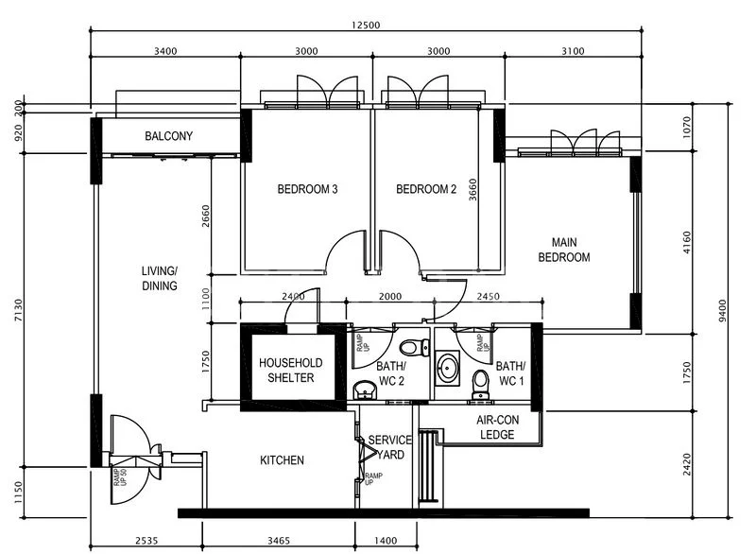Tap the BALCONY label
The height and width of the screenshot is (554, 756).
click(169, 137)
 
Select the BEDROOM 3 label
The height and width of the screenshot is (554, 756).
click(307, 190)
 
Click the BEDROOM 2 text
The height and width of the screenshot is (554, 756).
click(426, 190)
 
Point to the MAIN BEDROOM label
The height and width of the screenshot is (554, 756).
click(564, 250)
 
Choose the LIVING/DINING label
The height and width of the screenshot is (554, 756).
click(160, 279)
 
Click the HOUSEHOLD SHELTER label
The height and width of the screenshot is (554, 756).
click(291, 371)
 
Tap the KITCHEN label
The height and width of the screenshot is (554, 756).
click(282, 461)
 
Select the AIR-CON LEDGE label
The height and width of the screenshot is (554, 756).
click(496, 427)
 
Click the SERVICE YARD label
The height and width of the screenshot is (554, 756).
click(389, 447)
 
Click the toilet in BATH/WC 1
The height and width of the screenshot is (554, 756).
click(480, 381)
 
